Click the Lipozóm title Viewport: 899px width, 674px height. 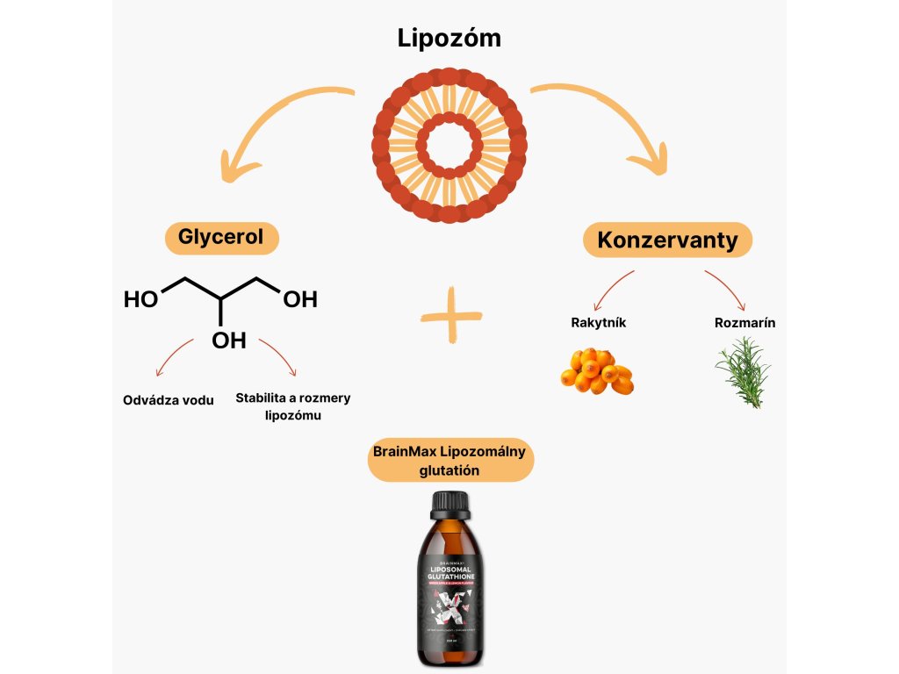pos(449,39)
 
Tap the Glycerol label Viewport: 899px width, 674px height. pos(220,238)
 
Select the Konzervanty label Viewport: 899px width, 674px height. pos(667,240)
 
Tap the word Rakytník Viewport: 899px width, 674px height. pos(599,322)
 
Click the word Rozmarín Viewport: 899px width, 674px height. pos(744,322)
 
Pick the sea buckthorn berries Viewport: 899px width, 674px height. pos(597,371)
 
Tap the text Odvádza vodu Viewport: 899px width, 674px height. pos(169,400)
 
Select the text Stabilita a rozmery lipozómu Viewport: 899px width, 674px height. pos(292,406)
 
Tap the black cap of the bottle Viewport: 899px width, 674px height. pos(450,504)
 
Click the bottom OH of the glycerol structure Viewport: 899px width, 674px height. pos(229,341)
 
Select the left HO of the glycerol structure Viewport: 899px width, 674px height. pos(140,300)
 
